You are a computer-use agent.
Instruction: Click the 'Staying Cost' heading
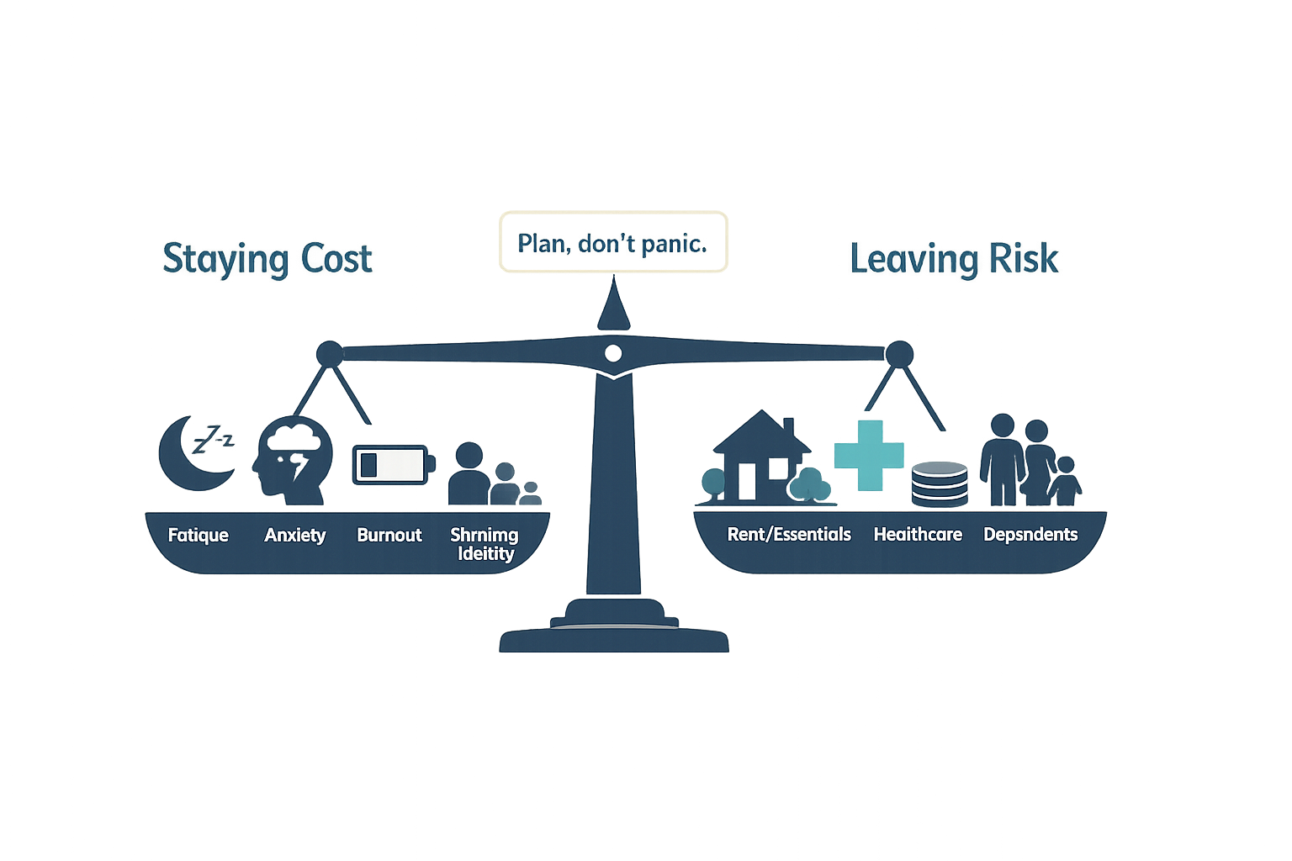pyautogui.click(x=267, y=259)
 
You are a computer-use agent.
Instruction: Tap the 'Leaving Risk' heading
pyautogui.click(x=953, y=259)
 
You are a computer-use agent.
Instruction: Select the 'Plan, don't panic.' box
pyautogui.click(x=613, y=242)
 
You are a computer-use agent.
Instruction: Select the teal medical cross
pyautogui.click(x=869, y=455)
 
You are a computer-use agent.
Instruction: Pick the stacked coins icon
pyautogui.click(x=940, y=484)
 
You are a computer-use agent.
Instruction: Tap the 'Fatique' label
pyautogui.click(x=198, y=535)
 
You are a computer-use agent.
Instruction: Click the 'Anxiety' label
pyautogui.click(x=294, y=535)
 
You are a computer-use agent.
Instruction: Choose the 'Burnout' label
pyautogui.click(x=389, y=535)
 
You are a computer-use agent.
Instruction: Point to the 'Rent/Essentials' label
pyautogui.click(x=789, y=534)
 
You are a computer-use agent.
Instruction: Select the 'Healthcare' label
pyautogui.click(x=918, y=534)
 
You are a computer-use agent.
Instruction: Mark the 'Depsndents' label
pyautogui.click(x=1030, y=534)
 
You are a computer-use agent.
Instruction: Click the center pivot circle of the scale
pyautogui.click(x=613, y=352)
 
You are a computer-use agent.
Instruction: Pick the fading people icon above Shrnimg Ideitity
pyautogui.click(x=492, y=477)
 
